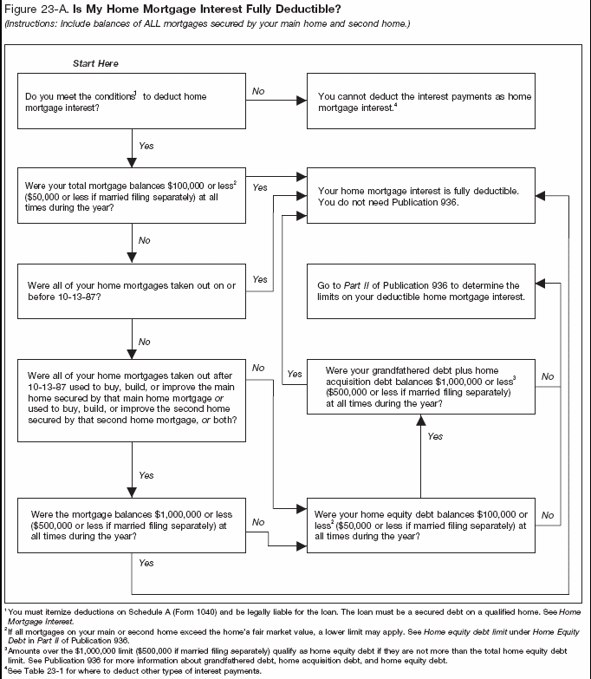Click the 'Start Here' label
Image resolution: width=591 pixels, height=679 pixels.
(95, 64)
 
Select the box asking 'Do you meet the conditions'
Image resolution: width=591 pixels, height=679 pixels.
(129, 103)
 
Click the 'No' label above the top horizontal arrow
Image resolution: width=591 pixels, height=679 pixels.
(258, 90)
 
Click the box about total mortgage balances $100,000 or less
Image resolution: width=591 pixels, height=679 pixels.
(129, 197)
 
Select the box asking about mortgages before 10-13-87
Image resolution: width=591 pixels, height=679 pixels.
(129, 291)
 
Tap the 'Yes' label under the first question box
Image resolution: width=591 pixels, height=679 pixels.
(146, 146)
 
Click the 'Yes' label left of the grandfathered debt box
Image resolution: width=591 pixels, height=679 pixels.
(295, 374)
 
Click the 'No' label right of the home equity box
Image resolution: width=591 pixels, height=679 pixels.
(547, 515)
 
